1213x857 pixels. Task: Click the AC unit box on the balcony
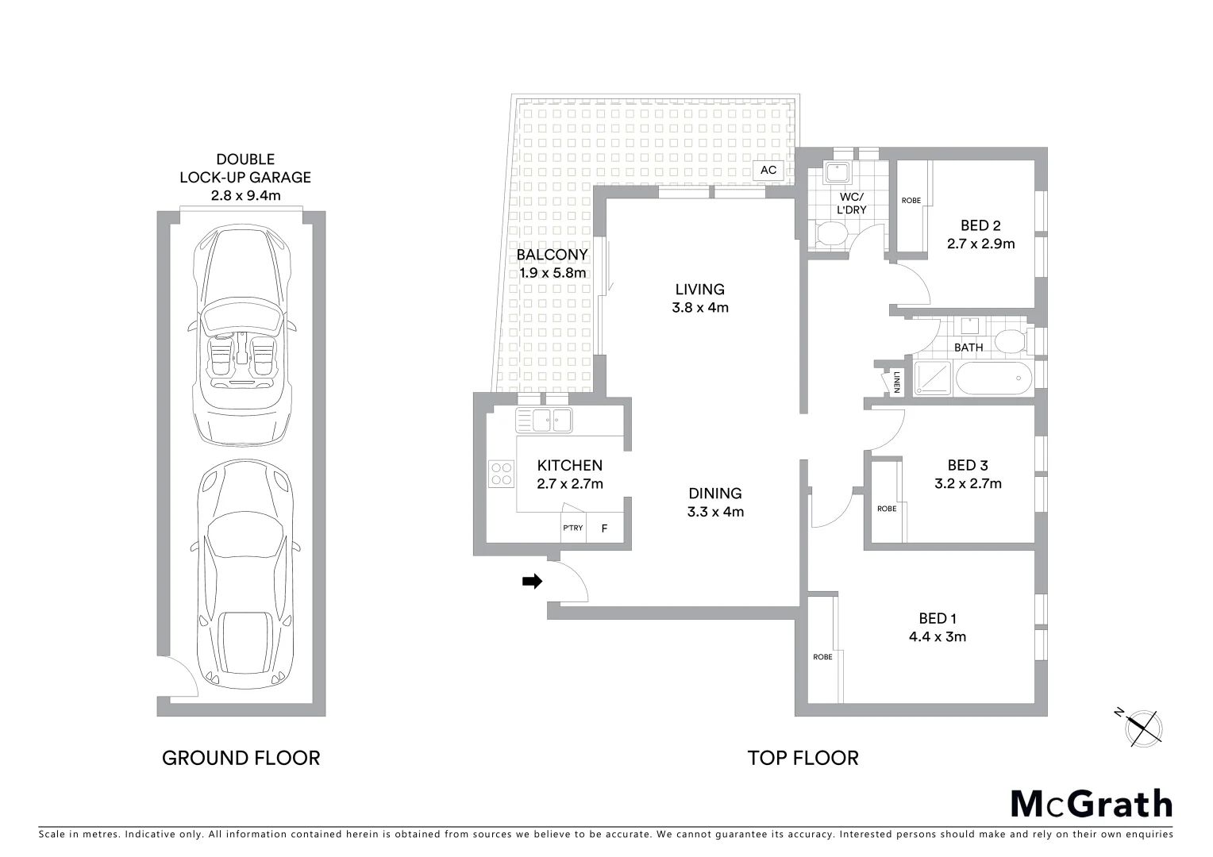coord(768,170)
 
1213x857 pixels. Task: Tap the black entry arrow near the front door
coord(532,582)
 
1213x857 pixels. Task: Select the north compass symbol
coord(1144,727)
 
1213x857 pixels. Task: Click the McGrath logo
coord(1091,804)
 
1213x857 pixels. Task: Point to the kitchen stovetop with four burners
coord(502,474)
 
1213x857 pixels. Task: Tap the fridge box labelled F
coord(604,528)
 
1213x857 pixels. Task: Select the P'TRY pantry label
coord(573,528)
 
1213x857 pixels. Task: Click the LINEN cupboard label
coord(896,382)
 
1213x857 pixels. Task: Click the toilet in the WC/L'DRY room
coord(831,234)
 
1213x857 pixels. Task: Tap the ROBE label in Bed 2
coord(911,201)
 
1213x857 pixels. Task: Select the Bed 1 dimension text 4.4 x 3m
coord(938,636)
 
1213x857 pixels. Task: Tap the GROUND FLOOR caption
coord(241,759)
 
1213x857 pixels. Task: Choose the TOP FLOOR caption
coord(803,759)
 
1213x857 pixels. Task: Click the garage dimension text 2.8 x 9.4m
coord(246,195)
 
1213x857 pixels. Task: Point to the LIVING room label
coord(699,290)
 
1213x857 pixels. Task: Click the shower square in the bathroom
coord(933,379)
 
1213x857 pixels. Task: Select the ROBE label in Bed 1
coord(822,657)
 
